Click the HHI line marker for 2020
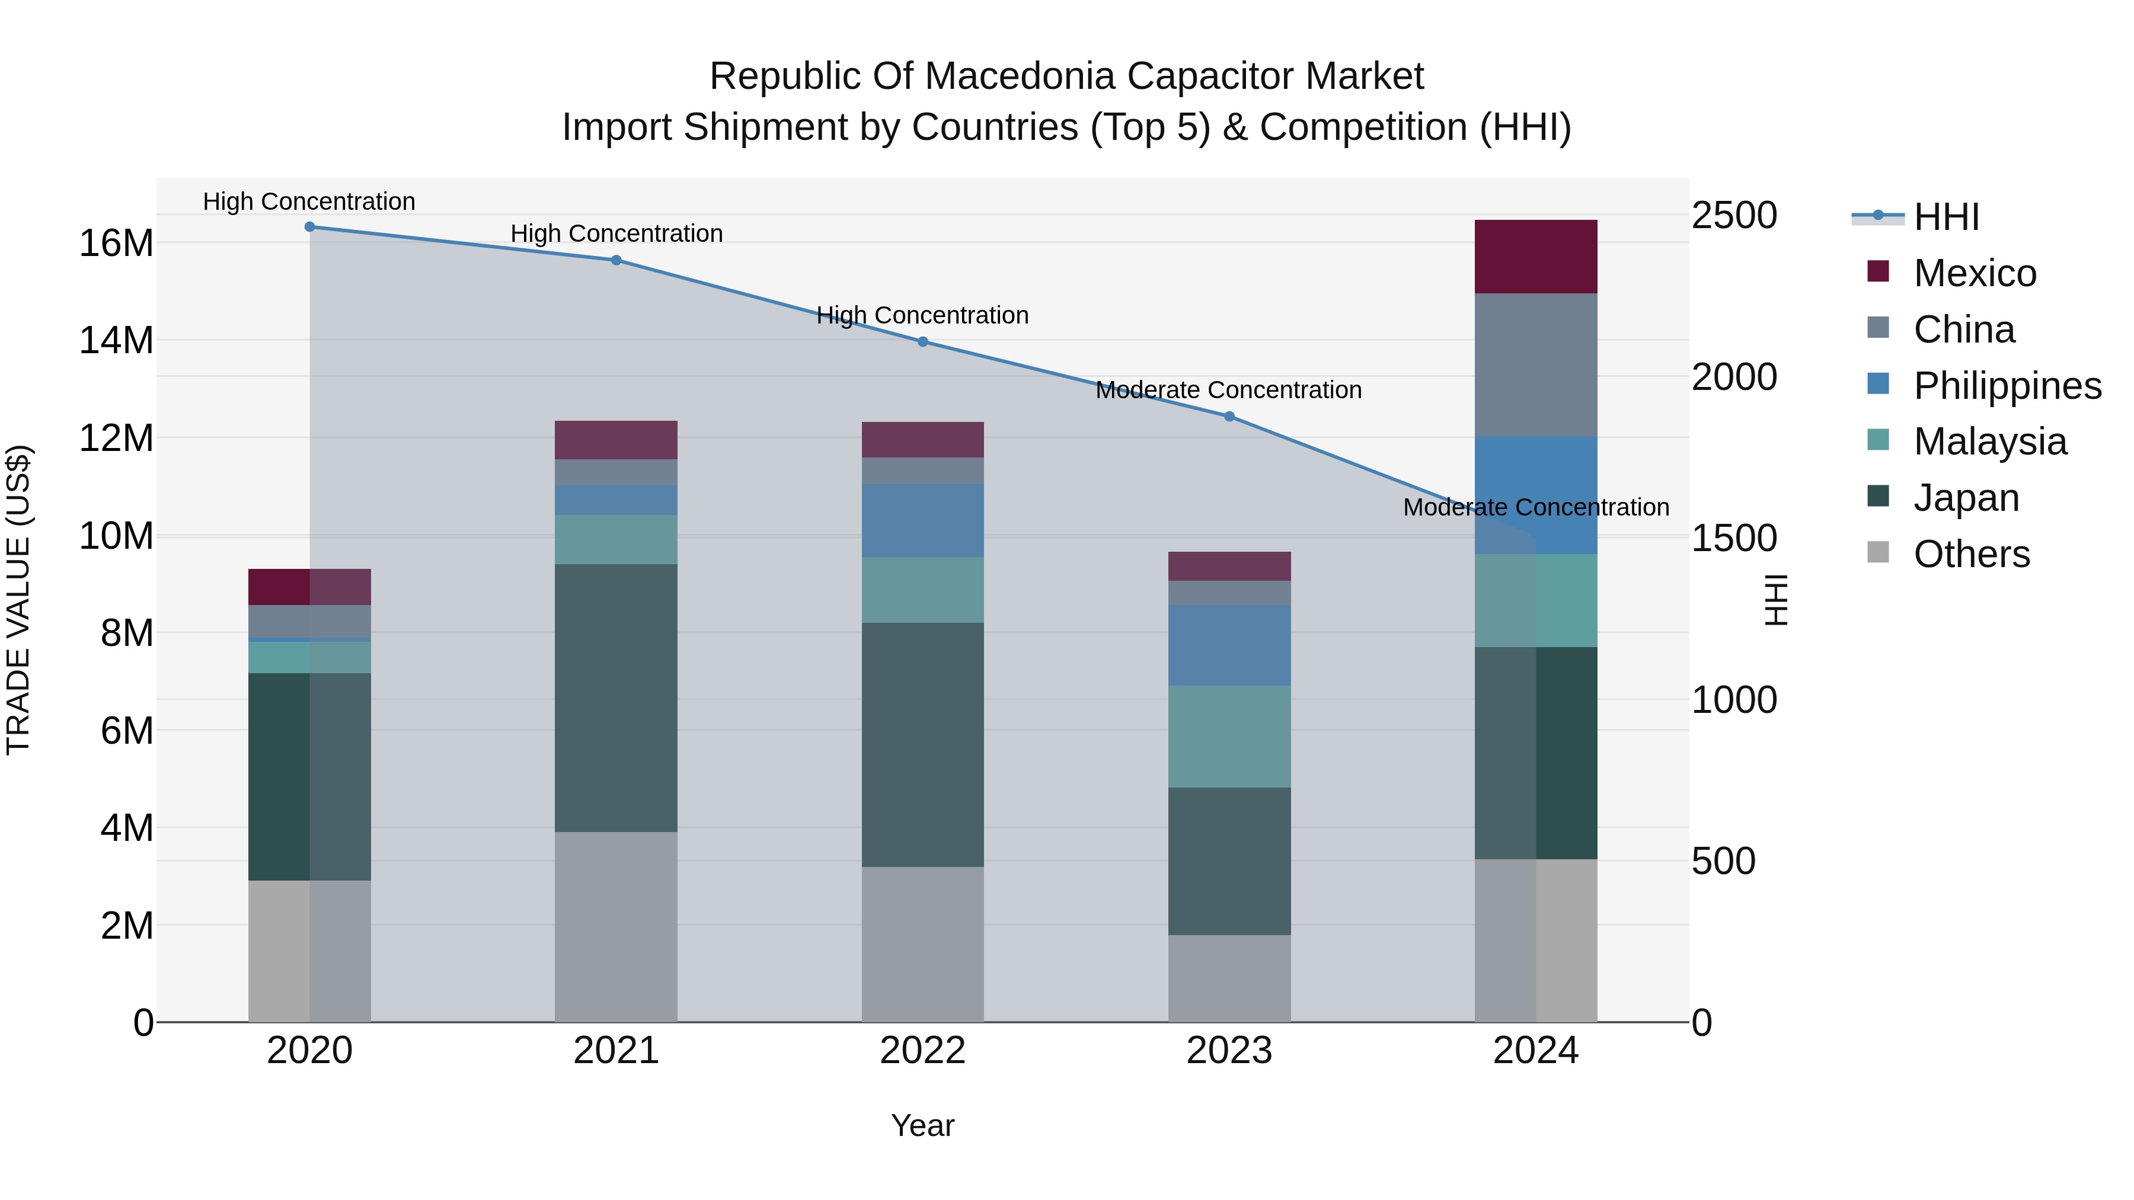(310, 226)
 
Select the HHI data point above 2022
(923, 341)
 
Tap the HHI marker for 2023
(1229, 417)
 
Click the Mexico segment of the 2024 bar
(1536, 256)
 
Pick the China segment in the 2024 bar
(1536, 364)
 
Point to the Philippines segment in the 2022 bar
(923, 520)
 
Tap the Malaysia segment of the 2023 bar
(1229, 736)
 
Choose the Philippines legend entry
(2007, 385)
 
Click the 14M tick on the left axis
(116, 340)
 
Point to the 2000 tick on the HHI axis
(1734, 377)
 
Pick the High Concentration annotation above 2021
(616, 233)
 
